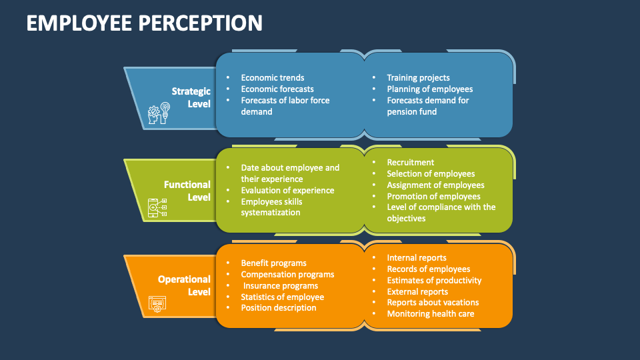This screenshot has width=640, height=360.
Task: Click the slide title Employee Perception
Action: [x=145, y=23]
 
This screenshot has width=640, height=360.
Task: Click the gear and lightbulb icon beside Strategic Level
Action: [x=159, y=114]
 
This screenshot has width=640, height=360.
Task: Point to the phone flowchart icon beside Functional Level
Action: [x=157, y=209]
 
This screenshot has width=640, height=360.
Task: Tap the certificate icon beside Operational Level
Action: [x=157, y=304]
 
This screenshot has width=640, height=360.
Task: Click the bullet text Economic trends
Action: [x=272, y=78]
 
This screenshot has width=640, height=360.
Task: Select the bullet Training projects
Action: [x=418, y=78]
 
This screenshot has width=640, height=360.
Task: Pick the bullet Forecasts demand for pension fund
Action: [x=427, y=106]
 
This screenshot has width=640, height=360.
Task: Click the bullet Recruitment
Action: [x=410, y=163]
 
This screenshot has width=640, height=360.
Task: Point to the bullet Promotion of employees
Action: [x=433, y=197]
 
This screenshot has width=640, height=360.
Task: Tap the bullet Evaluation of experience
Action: [x=287, y=191]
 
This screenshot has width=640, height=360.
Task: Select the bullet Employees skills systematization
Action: [x=271, y=207]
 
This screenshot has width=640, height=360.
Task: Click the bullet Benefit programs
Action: [x=273, y=263]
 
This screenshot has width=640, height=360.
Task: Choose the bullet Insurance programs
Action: [x=280, y=286]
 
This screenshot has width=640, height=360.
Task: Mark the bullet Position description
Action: [x=278, y=308]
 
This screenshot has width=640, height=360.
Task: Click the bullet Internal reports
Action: [x=417, y=258]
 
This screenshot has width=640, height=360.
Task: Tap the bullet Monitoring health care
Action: [x=430, y=314]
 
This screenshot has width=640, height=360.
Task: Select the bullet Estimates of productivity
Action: [x=434, y=281]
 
